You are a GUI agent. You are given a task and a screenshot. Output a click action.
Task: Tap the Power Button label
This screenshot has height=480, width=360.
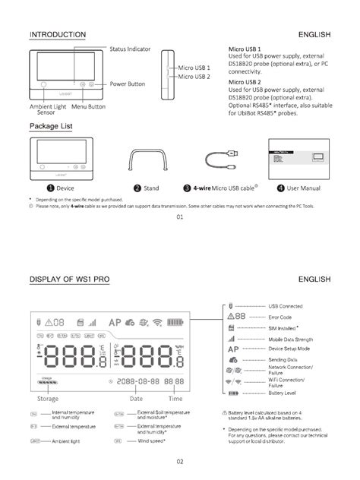tap(127, 84)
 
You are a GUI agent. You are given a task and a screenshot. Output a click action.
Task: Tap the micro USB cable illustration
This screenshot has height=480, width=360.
tap(223, 160)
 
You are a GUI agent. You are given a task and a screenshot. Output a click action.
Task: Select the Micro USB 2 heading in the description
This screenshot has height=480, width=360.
tap(245, 82)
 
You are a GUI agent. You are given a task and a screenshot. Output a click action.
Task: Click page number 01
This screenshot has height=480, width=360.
tap(180, 216)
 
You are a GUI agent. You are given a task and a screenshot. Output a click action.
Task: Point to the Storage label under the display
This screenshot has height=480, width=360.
tap(48, 398)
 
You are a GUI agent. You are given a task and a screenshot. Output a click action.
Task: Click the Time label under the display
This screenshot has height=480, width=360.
tap(175, 398)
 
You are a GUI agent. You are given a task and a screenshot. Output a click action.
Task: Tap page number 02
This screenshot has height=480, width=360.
tap(180, 461)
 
